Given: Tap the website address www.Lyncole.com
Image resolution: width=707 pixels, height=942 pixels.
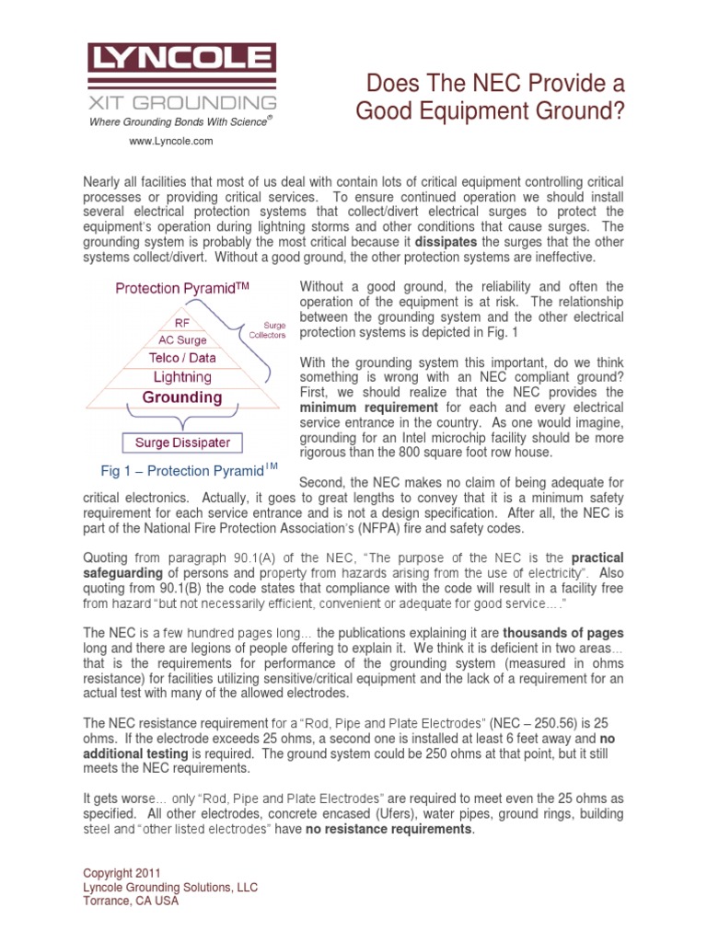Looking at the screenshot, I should pos(170,141).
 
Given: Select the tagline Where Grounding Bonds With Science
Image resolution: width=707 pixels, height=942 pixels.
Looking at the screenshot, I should pos(180,121).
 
